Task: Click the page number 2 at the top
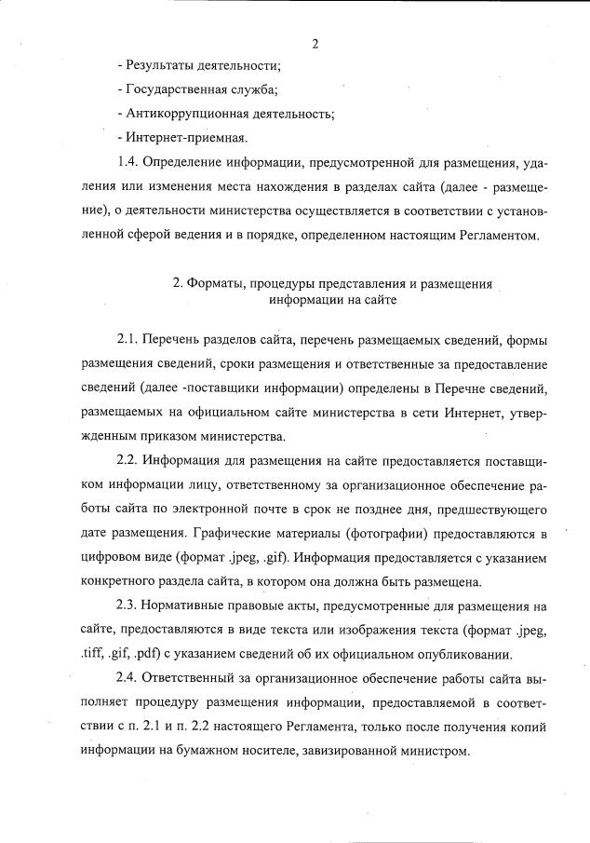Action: coord(315,43)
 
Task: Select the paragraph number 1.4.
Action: coord(128,163)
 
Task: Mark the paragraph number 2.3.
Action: coord(128,606)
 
